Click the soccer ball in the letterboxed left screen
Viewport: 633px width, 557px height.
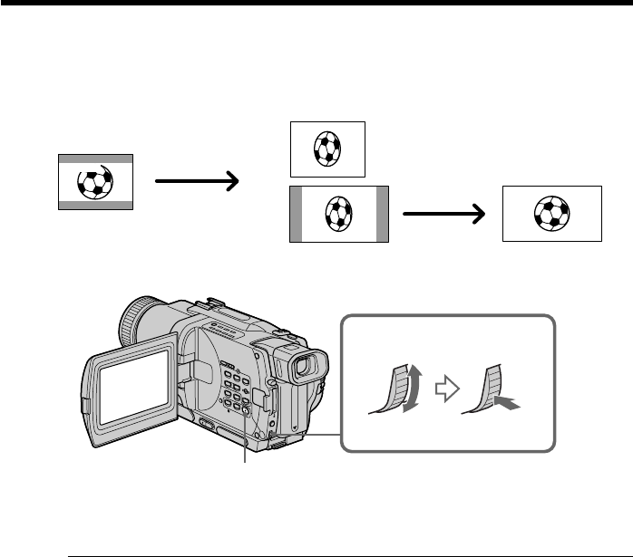coord(93,182)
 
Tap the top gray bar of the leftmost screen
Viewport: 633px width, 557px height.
coord(95,158)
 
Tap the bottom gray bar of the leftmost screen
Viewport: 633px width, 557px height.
coord(95,206)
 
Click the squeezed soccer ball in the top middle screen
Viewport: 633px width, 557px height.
coord(326,149)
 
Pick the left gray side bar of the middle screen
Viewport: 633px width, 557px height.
coord(295,215)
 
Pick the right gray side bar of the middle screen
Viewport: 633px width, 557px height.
coord(383,215)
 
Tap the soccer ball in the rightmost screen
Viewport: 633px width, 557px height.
coord(551,214)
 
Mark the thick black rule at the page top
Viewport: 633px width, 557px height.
coord(316,3)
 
